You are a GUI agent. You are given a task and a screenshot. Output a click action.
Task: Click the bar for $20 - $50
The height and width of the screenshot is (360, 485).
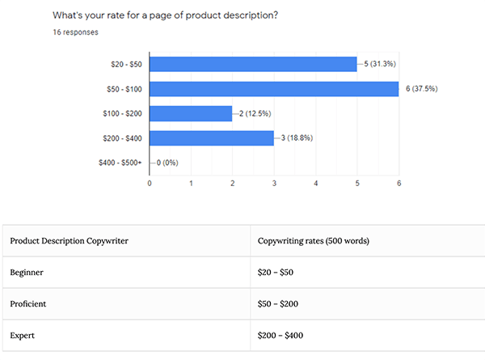(253, 63)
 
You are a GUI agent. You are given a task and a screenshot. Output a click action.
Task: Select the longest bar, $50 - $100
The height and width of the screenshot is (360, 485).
(274, 88)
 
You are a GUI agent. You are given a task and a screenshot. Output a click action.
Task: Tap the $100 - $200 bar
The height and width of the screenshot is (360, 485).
(191, 113)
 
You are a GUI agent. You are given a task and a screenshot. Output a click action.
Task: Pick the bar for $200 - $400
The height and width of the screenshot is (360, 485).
(212, 138)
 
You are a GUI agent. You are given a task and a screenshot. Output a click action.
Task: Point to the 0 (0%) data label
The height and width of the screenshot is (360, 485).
(167, 163)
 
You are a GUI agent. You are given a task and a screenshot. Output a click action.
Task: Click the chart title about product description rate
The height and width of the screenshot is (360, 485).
(167, 15)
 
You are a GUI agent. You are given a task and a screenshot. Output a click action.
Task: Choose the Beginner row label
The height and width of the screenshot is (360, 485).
(27, 273)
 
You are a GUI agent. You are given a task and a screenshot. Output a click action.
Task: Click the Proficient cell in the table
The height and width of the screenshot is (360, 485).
(29, 303)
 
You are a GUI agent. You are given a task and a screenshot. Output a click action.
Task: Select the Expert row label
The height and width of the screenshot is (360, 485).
(22, 334)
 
